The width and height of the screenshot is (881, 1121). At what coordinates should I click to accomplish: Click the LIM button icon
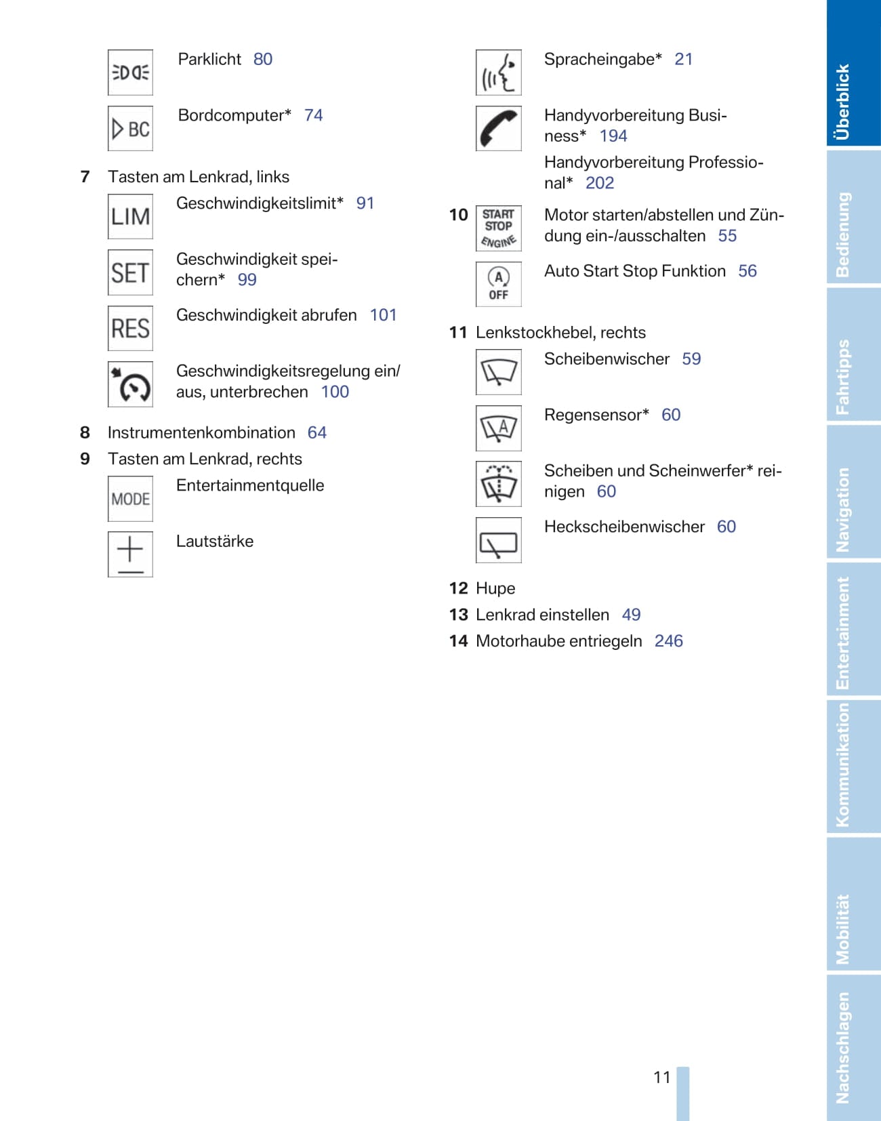coord(130,216)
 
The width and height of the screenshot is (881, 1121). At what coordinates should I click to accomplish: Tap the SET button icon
coord(130,272)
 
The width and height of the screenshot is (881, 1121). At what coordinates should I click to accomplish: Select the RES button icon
coord(130,328)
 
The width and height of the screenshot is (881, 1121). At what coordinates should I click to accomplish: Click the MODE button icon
coord(130,499)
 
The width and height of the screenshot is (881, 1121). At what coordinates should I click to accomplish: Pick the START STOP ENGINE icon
coord(498,228)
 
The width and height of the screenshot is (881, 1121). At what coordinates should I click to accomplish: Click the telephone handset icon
coord(498,128)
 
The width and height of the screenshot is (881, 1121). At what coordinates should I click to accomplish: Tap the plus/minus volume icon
coord(130,554)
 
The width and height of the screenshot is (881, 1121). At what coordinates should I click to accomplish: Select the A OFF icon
coord(498,285)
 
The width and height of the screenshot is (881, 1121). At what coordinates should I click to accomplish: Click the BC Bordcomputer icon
coord(130,128)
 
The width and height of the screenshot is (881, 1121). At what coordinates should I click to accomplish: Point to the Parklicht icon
coord(130,72)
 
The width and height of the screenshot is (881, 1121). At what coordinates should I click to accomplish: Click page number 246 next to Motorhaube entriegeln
coord(668,641)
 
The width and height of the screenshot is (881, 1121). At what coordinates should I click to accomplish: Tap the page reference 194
coord(613,136)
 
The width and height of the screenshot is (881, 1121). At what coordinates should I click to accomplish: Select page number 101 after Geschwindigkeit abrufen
coord(383,315)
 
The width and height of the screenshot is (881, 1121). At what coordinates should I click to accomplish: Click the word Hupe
coord(495,588)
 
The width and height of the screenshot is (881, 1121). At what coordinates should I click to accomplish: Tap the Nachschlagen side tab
coord(853,1047)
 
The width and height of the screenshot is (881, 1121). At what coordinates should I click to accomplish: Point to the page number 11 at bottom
coord(661,1077)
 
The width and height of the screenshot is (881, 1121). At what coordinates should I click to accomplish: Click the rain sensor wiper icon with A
coord(498,428)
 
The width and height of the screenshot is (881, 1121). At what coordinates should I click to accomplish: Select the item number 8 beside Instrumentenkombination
coord(85,432)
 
